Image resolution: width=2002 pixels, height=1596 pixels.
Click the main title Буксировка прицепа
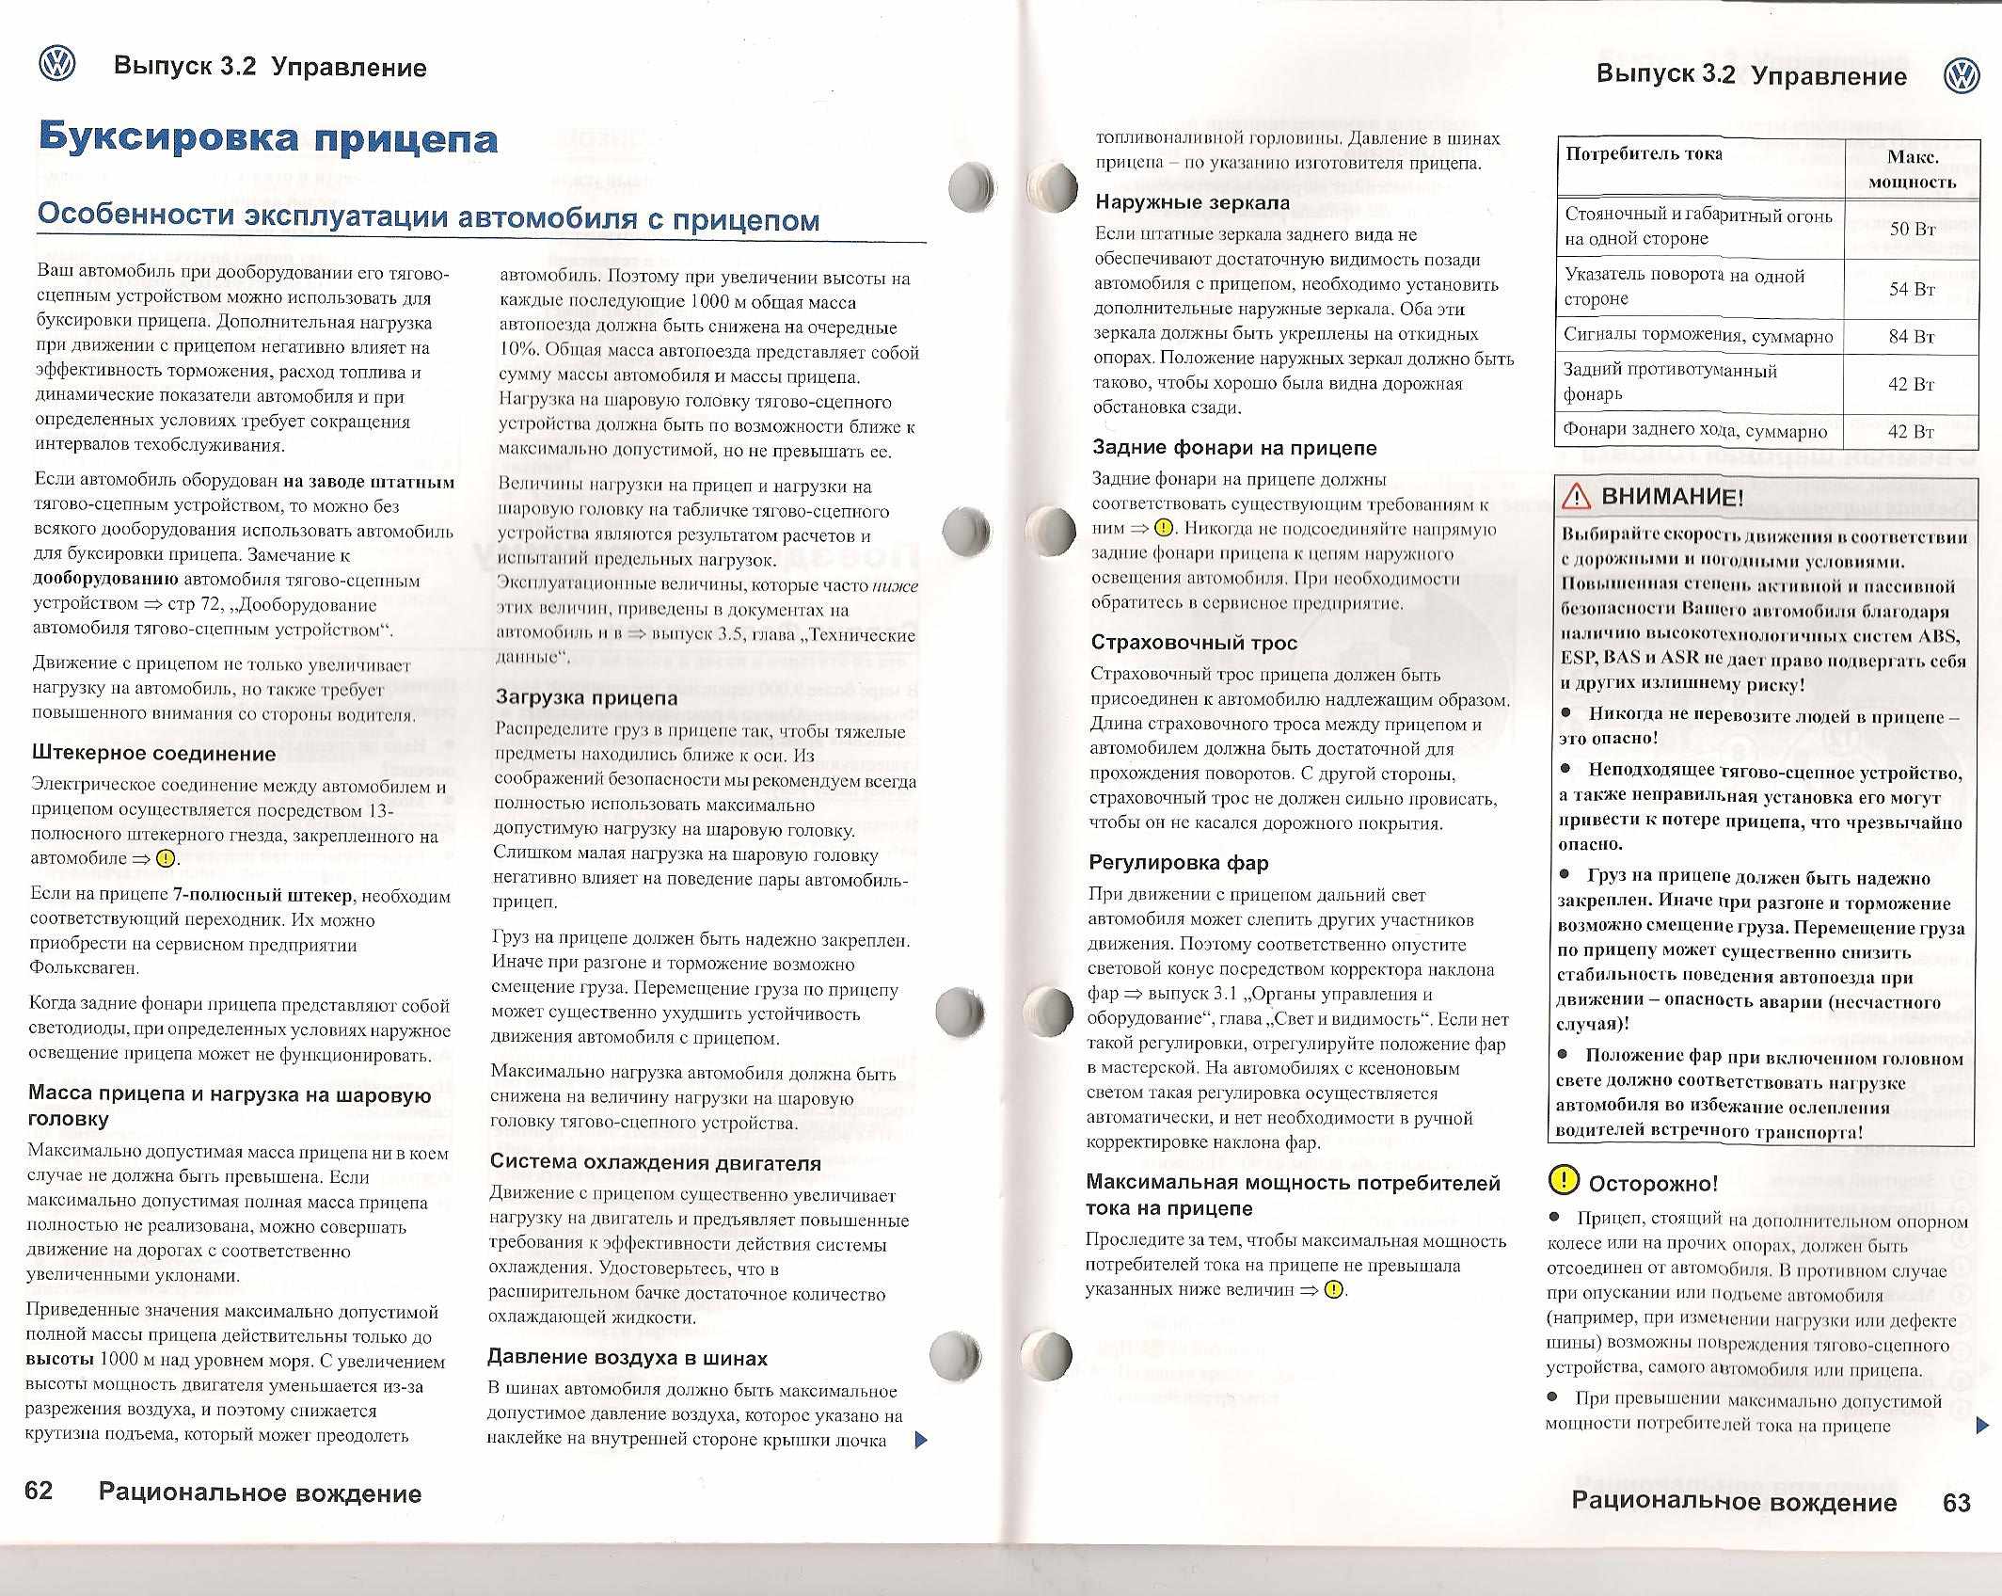tap(268, 138)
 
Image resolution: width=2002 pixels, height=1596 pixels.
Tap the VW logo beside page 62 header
tap(57, 65)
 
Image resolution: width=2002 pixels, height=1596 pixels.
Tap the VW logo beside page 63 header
tap(1962, 76)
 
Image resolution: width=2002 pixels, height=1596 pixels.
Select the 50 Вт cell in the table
tap(1912, 229)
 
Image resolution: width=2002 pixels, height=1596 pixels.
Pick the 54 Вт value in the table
tap(1912, 289)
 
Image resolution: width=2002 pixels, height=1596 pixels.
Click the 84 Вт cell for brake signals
tap(1912, 336)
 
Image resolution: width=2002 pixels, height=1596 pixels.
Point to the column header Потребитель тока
tap(1644, 154)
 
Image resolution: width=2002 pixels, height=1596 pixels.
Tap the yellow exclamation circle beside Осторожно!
tap(1564, 1180)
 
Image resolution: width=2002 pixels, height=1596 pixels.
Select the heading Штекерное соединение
tap(154, 753)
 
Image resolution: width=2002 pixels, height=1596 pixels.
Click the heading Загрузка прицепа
tap(586, 697)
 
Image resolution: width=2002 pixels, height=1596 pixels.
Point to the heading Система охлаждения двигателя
tap(656, 1162)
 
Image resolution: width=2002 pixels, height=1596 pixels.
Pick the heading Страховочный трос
tap(1194, 643)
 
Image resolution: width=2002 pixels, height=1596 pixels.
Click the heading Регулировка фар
tap(1179, 862)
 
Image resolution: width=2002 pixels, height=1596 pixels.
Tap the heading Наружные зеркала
tap(1193, 202)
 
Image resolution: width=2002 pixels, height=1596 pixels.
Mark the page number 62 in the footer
tap(39, 1491)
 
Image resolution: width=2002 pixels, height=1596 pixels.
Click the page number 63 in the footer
tap(1957, 1503)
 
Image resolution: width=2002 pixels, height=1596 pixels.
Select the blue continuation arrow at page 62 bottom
tap(921, 1440)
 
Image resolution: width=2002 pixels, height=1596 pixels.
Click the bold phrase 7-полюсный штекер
tap(262, 895)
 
